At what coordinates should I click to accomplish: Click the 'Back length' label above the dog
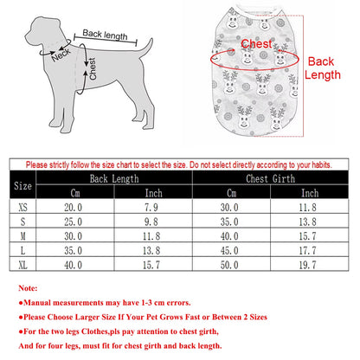[x=105, y=35]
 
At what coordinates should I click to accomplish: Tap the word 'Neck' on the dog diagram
[x=61, y=55]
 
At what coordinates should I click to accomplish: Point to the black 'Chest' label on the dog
[x=93, y=68]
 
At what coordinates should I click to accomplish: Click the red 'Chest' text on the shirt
[x=256, y=44]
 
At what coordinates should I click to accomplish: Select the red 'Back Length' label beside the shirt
[x=323, y=68]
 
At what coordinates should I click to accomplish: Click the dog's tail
[x=146, y=48]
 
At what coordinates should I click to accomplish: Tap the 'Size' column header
[x=22, y=185]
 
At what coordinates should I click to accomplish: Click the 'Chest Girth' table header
[x=270, y=178]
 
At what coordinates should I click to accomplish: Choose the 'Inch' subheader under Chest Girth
[x=310, y=193]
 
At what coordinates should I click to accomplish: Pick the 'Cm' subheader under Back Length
[x=75, y=193]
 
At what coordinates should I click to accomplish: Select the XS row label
[x=22, y=207]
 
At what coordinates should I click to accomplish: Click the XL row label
[x=22, y=265]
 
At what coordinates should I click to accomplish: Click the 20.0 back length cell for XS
[x=73, y=207]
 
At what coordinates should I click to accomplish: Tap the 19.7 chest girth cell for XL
[x=307, y=265]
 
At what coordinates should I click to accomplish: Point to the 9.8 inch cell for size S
[x=151, y=222]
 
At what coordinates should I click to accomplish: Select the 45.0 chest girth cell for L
[x=229, y=250]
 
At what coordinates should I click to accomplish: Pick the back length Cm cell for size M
[x=73, y=236]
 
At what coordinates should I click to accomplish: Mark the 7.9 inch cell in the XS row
[x=151, y=207]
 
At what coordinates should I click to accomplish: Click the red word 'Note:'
[x=28, y=288]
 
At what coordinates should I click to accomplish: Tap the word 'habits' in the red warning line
[x=321, y=165]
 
